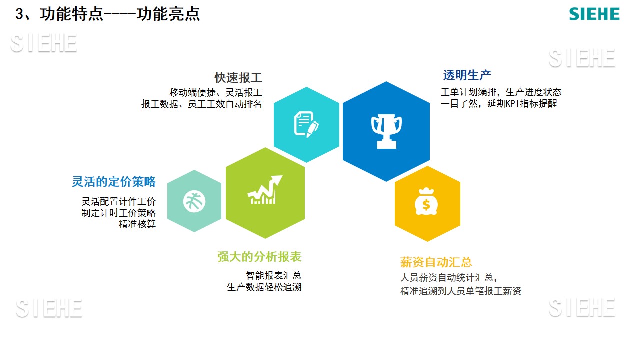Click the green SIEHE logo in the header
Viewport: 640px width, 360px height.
(x=594, y=14)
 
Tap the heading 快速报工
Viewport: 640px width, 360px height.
(x=238, y=77)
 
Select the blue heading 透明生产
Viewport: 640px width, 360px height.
(x=467, y=75)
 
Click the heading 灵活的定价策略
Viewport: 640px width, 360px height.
(x=113, y=181)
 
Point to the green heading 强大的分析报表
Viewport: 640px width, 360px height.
(x=259, y=257)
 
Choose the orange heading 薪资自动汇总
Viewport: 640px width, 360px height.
(x=436, y=262)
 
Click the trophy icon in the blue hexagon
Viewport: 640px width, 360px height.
(x=386, y=131)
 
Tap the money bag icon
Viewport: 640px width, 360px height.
(x=426, y=201)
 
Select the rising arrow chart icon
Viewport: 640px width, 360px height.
(x=265, y=190)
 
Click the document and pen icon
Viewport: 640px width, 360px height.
(x=306, y=125)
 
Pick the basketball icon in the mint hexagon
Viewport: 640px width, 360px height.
(x=194, y=202)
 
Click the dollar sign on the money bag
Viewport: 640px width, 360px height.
(x=426, y=205)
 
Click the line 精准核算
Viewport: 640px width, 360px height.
(x=137, y=224)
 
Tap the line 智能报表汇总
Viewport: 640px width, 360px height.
(x=273, y=275)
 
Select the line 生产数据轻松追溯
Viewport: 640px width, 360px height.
(x=264, y=287)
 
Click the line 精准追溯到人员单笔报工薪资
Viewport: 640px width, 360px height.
(x=461, y=291)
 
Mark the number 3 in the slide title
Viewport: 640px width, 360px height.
(x=19, y=14)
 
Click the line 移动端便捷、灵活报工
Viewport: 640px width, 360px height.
(x=215, y=92)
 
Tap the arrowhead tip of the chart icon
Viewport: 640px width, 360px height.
(x=282, y=175)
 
